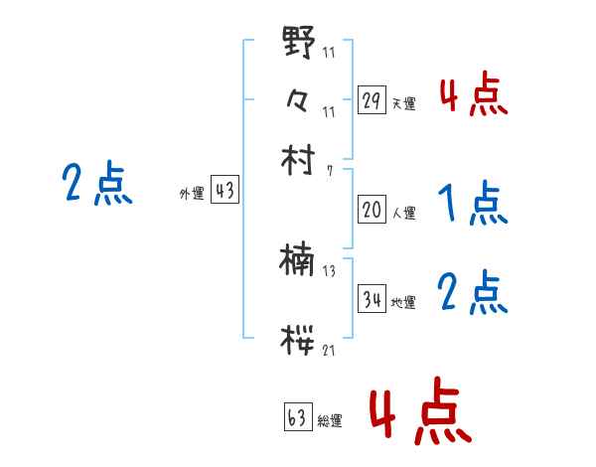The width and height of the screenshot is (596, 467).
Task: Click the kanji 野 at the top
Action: tap(299, 46)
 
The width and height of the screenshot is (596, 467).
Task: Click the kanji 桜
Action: tap(299, 339)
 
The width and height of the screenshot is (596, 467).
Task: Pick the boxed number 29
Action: tap(372, 100)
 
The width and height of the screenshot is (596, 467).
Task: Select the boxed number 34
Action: tap(372, 300)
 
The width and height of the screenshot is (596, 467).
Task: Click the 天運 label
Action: tap(403, 103)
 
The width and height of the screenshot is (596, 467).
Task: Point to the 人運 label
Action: tap(403, 213)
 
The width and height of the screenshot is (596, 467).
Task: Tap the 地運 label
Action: tap(403, 303)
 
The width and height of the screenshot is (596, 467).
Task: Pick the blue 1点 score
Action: tap(474, 205)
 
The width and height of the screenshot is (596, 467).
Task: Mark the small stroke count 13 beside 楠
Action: tap(329, 271)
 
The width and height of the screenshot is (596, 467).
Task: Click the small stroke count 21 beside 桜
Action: tap(329, 349)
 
